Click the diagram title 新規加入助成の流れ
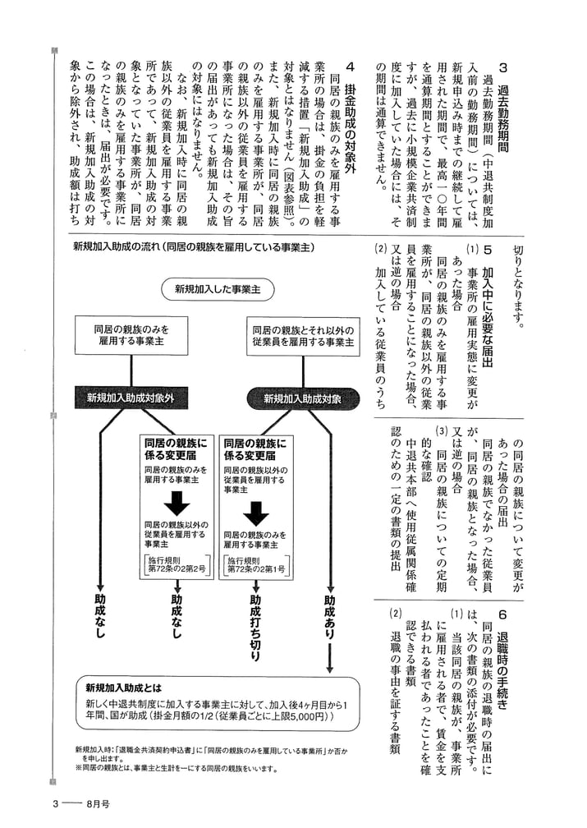click(x=194, y=246)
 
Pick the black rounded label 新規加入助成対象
click(x=302, y=398)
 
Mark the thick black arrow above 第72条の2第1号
click(x=255, y=511)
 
